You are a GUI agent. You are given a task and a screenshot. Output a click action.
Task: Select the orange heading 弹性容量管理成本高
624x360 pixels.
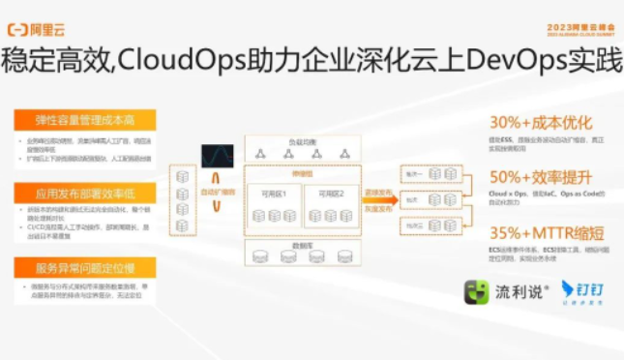point(84,120)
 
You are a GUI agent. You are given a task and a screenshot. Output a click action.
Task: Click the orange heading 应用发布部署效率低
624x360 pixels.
point(84,194)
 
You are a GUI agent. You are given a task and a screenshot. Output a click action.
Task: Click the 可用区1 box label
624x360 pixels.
point(272,195)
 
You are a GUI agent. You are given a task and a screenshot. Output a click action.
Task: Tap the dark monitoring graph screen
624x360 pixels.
point(217,154)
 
